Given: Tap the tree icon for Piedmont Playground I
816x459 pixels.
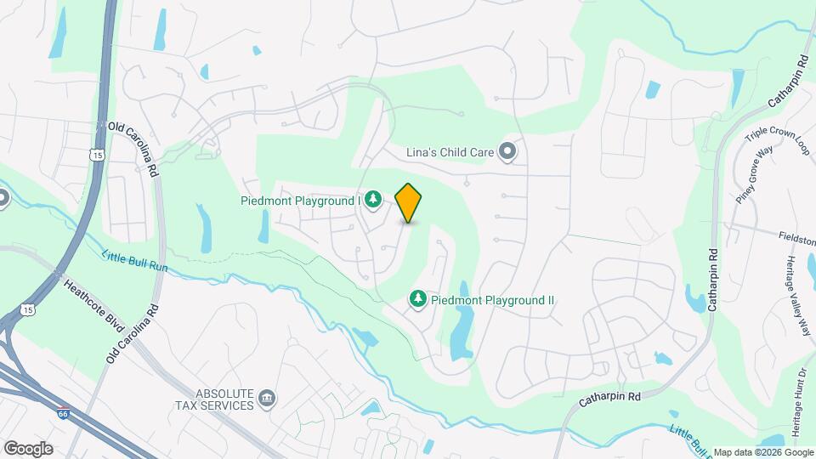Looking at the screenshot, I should point(372,201).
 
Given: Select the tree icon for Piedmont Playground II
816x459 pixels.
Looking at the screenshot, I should point(417,299).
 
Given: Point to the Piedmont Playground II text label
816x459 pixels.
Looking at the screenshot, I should point(493,300).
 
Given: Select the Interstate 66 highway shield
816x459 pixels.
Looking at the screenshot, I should point(63,413).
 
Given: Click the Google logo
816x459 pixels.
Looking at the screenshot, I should point(28,448).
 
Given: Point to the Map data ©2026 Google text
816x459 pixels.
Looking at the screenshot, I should point(762,452).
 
